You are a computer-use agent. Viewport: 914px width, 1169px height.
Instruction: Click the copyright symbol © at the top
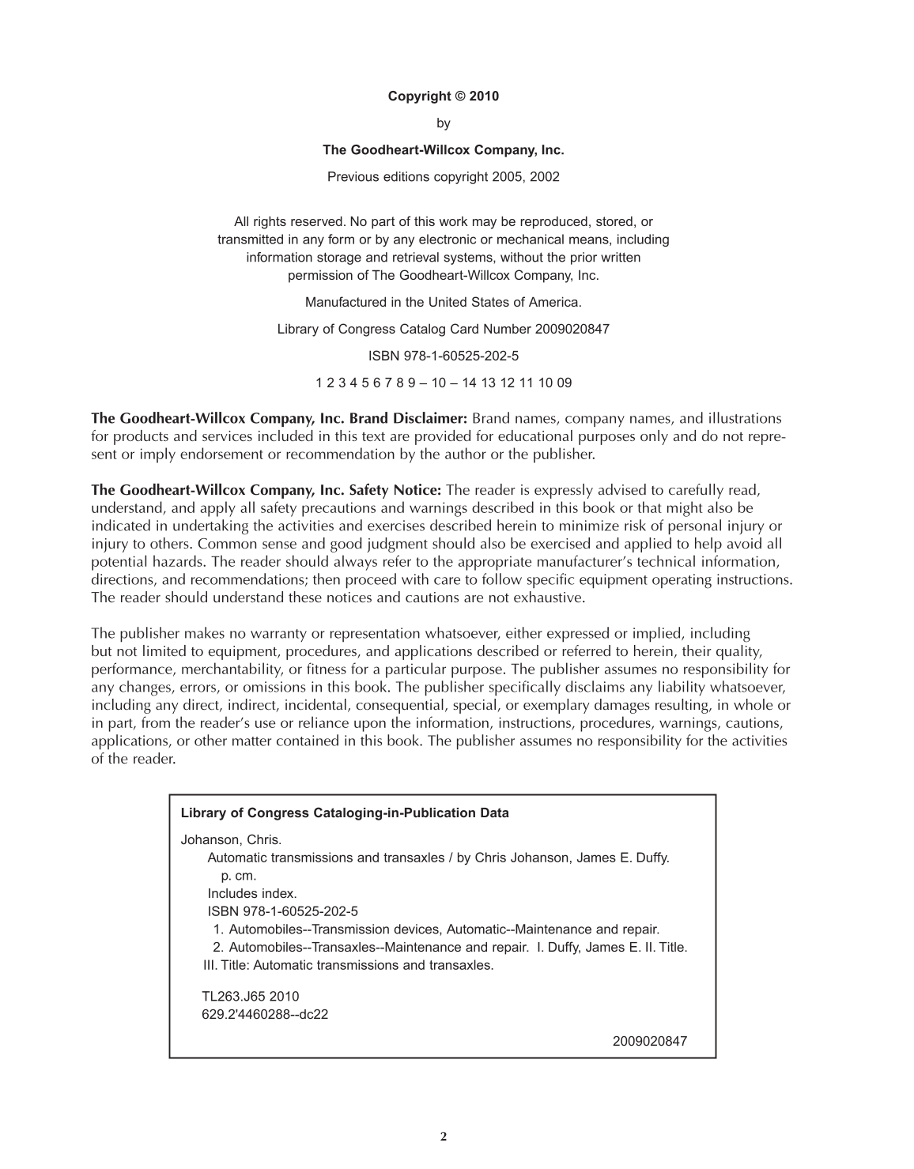click(x=460, y=96)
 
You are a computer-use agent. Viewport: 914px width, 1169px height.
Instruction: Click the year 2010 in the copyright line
click(x=484, y=96)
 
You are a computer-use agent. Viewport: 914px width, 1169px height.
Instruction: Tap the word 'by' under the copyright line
click(x=444, y=123)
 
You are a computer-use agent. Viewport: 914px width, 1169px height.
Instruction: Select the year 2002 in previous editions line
click(x=545, y=176)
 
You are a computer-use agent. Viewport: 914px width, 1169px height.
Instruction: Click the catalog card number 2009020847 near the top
click(x=572, y=329)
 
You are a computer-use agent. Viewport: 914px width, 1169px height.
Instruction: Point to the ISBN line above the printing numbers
click(x=444, y=356)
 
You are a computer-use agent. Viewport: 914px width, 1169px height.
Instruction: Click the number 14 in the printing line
click(x=469, y=383)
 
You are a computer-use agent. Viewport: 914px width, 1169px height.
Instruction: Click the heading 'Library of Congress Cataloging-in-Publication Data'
click(x=345, y=813)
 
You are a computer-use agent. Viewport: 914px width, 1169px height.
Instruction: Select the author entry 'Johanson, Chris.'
click(x=231, y=839)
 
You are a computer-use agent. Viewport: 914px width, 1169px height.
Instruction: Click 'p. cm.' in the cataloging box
click(x=239, y=876)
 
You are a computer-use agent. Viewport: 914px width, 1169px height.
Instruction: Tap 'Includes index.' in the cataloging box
click(x=252, y=893)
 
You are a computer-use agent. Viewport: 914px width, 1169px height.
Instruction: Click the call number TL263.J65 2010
click(x=251, y=997)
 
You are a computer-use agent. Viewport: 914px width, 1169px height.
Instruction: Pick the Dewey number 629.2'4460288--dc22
click(x=265, y=1014)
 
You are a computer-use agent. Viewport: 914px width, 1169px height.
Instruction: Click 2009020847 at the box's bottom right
click(x=650, y=1041)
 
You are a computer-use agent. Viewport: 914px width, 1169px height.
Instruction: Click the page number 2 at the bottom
click(x=444, y=1137)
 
